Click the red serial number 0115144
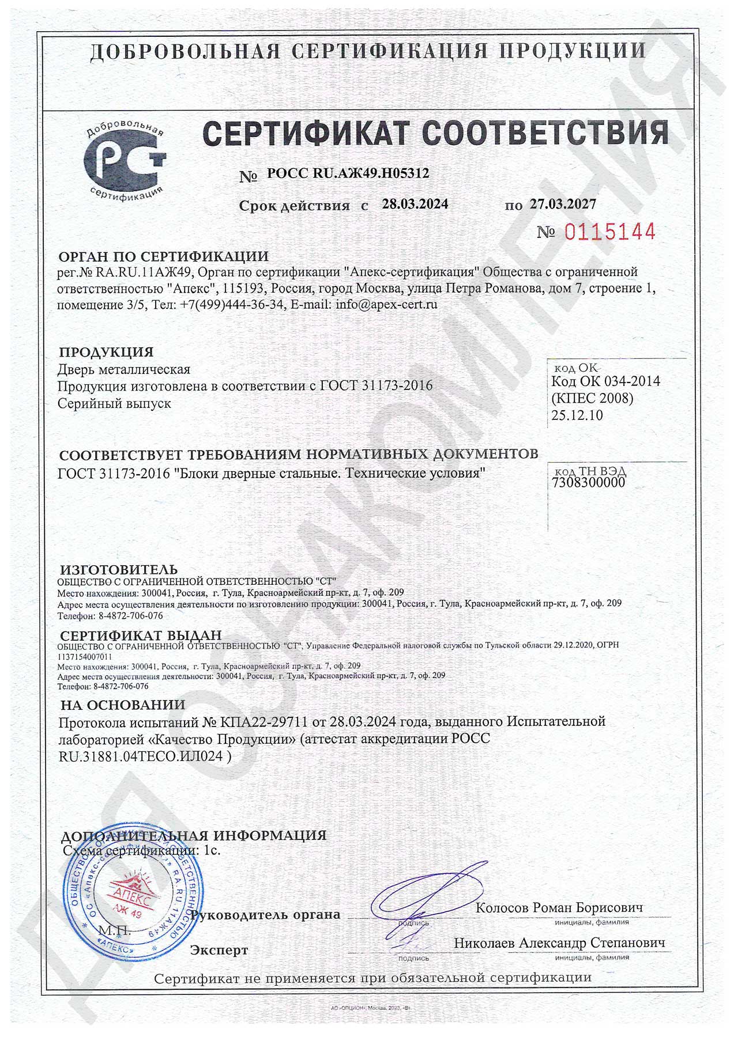[609, 232]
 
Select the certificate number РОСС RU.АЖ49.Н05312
[348, 173]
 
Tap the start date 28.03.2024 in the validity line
[415, 204]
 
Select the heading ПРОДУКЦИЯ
[107, 351]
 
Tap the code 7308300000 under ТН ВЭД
[588, 482]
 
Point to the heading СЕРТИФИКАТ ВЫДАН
[141, 635]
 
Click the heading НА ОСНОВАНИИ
[123, 705]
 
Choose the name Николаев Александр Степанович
[559, 943]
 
